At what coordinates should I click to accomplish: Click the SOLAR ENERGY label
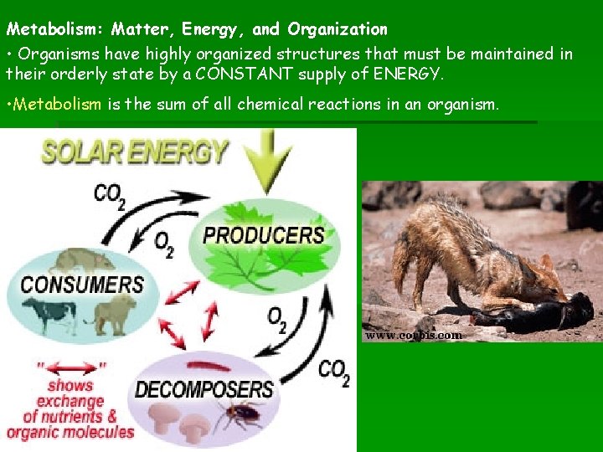pyautogui.click(x=135, y=152)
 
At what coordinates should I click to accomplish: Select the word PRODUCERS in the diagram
pyautogui.click(x=264, y=235)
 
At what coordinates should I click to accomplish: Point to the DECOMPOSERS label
pyautogui.click(x=204, y=389)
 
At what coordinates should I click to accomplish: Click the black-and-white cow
pyautogui.click(x=49, y=314)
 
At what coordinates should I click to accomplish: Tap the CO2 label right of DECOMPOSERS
pyautogui.click(x=334, y=372)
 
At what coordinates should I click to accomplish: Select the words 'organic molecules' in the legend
pyautogui.click(x=70, y=433)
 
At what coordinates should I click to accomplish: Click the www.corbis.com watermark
pyautogui.click(x=412, y=335)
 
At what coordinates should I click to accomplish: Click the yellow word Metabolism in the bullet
pyautogui.click(x=54, y=105)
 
